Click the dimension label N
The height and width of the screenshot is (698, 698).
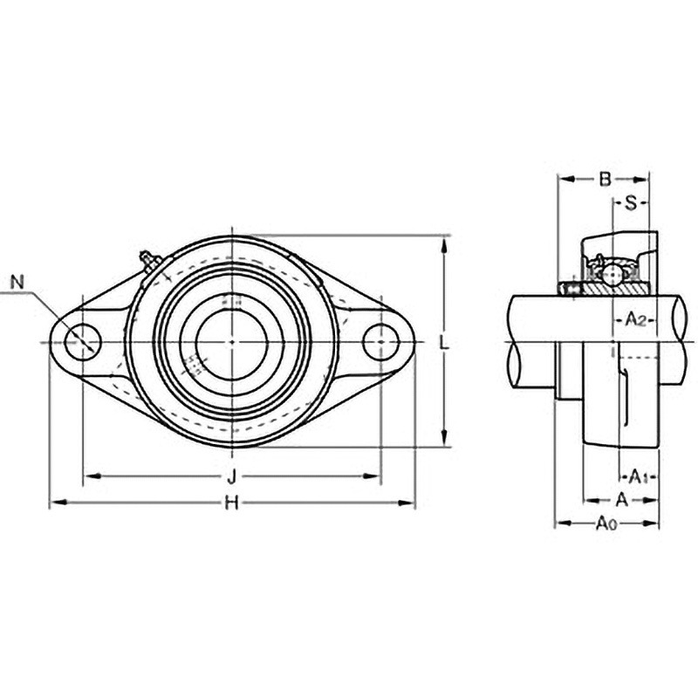17,282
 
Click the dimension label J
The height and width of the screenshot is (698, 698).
231,477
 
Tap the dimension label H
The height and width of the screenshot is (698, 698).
232,503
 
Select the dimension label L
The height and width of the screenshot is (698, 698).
444,342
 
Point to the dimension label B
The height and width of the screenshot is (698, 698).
605,180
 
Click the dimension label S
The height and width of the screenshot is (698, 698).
631,203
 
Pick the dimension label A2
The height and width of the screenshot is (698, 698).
636,319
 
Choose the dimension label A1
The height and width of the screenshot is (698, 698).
638,476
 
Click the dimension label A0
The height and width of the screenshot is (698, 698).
606,523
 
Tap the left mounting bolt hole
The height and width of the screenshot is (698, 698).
83,342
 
